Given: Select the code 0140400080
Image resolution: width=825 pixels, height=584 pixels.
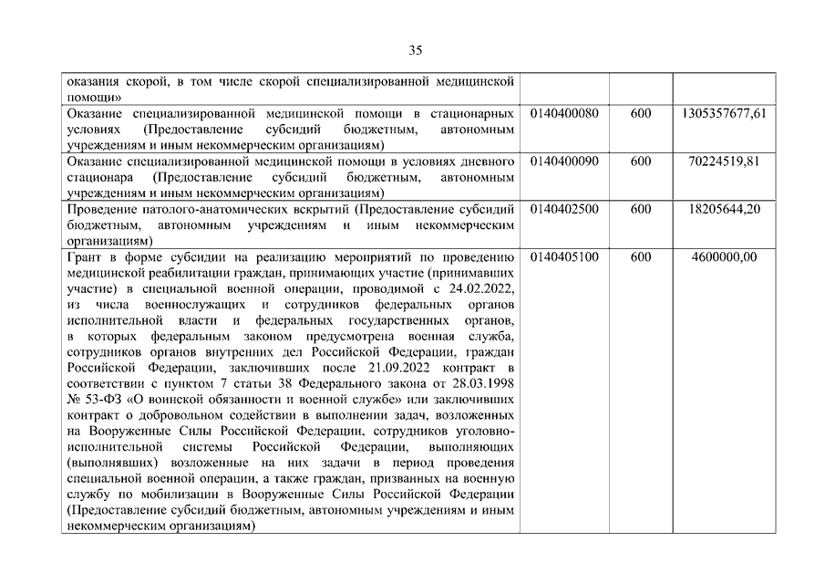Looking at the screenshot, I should (x=563, y=113).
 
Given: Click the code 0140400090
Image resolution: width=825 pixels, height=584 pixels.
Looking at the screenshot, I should (x=563, y=162).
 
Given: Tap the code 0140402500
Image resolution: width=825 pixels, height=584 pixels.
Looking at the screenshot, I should (x=563, y=209).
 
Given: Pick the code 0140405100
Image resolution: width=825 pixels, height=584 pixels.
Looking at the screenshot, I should (x=563, y=257).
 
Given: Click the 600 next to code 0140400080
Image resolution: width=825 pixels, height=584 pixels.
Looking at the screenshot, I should (x=640, y=113).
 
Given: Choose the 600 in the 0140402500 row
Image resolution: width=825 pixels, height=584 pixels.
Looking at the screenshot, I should (x=640, y=209).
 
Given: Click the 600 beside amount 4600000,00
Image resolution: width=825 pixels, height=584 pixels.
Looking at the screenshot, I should (x=640, y=257).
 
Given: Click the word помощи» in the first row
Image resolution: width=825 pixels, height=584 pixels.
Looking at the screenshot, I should (x=95, y=97).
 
